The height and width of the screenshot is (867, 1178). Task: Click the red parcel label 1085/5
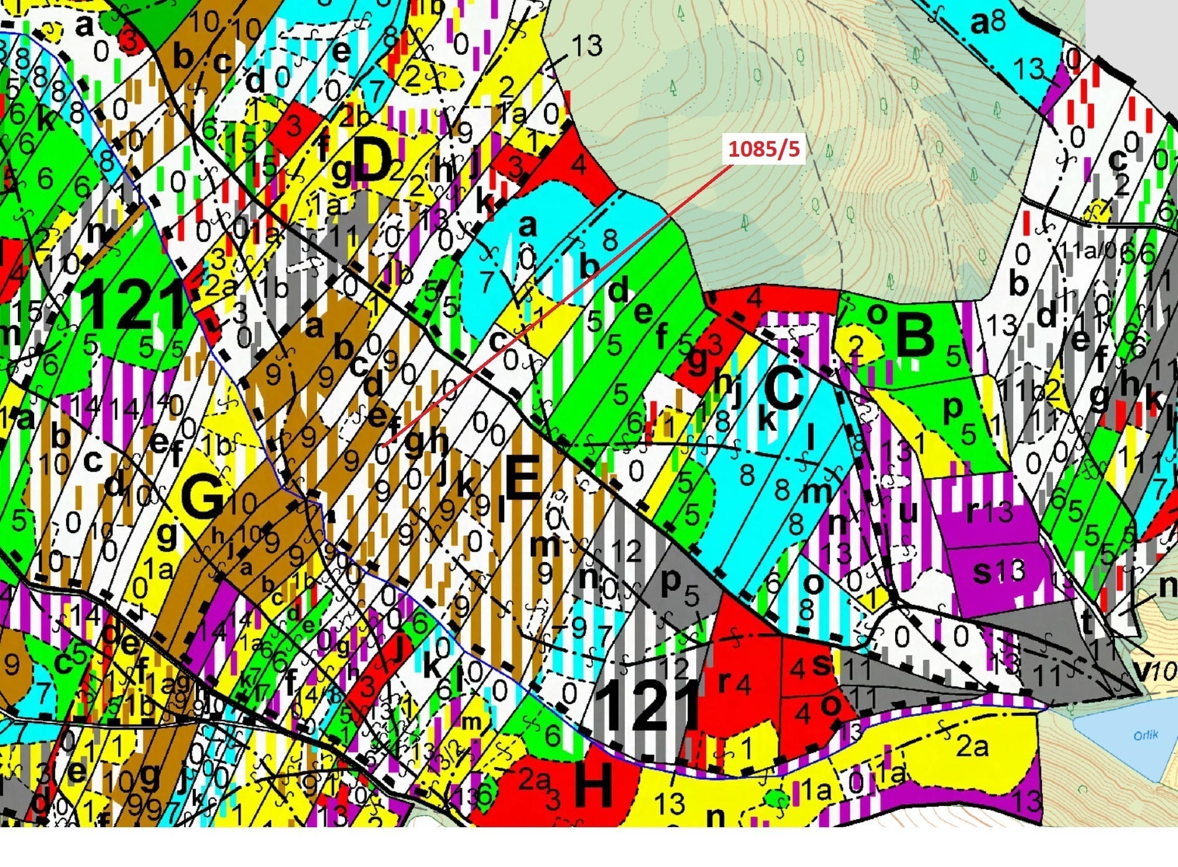pyautogui.click(x=764, y=149)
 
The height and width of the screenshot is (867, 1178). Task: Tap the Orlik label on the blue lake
pyautogui.click(x=1145, y=735)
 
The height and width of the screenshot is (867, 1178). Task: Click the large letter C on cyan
pyautogui.click(x=783, y=388)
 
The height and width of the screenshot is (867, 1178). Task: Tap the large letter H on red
pyautogui.click(x=594, y=785)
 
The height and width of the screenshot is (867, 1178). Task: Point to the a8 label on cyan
pyautogui.click(x=988, y=23)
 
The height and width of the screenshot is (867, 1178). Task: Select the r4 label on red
pyautogui.click(x=734, y=682)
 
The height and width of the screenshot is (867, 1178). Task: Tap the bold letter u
pyautogui.click(x=908, y=512)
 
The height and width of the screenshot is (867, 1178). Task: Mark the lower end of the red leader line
pyautogui.click(x=384, y=446)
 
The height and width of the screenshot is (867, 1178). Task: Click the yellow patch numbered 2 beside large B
pyautogui.click(x=857, y=346)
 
